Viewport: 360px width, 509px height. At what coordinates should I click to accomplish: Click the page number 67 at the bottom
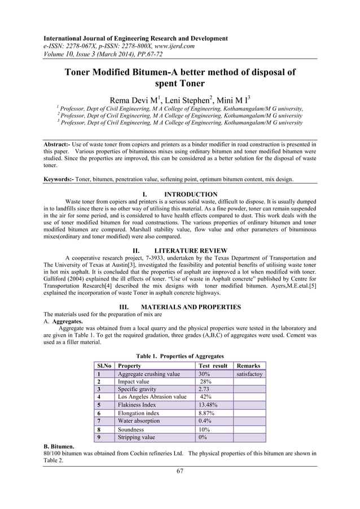coord(180,486)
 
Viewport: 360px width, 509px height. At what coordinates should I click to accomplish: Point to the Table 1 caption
coord(180,356)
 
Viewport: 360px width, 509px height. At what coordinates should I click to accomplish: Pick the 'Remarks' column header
coord(249,366)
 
